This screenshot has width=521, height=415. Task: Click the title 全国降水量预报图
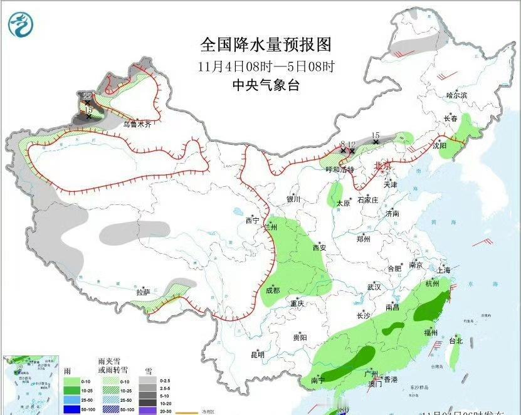point(265,45)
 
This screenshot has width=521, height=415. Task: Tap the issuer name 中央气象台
point(265,85)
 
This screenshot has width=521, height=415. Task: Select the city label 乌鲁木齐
point(137,125)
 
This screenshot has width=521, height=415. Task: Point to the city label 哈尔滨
point(456,95)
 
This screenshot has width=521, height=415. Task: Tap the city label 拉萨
point(144,292)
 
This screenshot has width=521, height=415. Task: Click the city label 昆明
point(258,355)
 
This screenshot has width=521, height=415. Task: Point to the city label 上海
point(443,270)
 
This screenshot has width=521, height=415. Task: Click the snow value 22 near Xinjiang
point(87,96)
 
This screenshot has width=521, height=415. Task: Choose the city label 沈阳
point(439,145)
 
